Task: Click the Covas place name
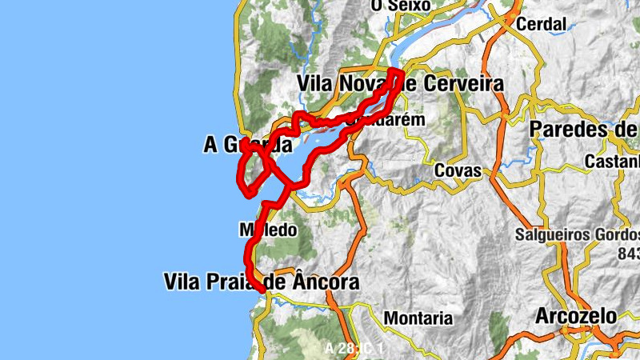458,170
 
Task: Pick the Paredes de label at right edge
584,130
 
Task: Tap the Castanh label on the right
612,162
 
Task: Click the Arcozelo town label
577,315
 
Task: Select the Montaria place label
418,318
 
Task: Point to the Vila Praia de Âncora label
261,282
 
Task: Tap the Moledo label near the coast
269,230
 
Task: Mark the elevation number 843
628,253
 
